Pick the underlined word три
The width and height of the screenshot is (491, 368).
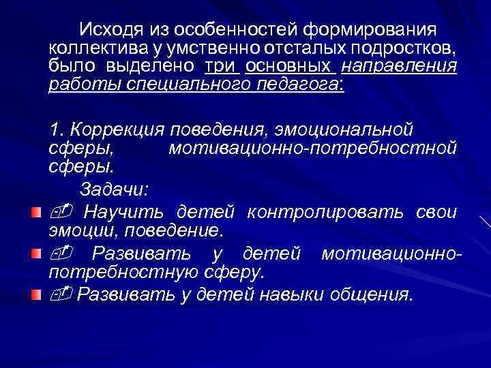point(220,67)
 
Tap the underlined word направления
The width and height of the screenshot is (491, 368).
point(398,67)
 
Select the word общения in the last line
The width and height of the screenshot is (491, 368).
point(371,295)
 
